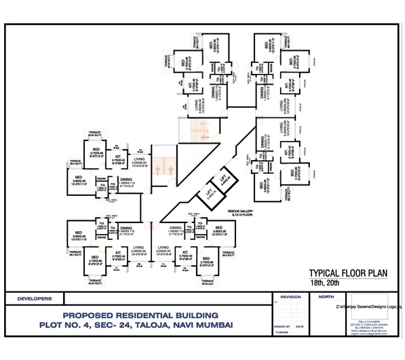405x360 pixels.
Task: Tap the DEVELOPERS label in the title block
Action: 33,298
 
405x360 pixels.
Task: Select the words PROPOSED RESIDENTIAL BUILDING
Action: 140,316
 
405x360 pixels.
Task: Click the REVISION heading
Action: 290,297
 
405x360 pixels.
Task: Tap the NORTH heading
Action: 326,297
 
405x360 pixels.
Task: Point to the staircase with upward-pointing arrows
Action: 162,167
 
